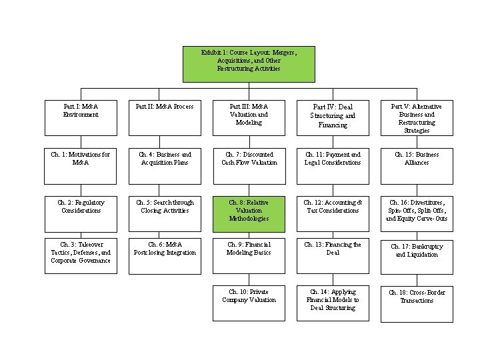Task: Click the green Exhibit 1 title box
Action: (x=249, y=64)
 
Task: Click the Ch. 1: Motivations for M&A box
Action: (x=80, y=167)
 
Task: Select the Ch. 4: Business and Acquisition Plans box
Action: (x=165, y=167)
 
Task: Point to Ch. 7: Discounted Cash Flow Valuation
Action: (x=249, y=167)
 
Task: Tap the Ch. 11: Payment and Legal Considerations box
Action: (x=333, y=167)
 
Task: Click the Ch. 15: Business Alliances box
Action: (x=417, y=167)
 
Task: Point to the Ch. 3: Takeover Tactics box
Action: (x=80, y=256)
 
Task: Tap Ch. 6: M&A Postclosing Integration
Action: (x=165, y=256)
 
